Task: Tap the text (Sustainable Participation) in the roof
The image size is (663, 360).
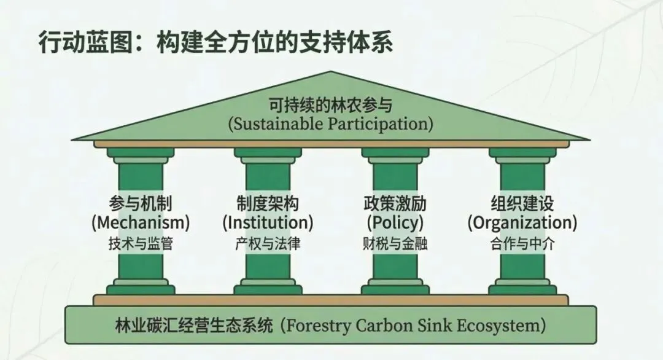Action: [x=331, y=123]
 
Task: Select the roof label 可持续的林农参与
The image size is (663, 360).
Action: [x=331, y=104]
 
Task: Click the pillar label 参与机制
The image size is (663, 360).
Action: [x=140, y=203]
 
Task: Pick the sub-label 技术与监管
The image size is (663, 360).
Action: [x=140, y=243]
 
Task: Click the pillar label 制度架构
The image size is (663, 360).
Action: [x=268, y=203]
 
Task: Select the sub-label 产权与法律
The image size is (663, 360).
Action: [x=268, y=243]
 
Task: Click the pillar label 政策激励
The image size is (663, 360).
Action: [x=395, y=203]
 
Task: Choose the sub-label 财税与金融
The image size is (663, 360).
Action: [x=395, y=243]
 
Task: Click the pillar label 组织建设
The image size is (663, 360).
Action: [x=522, y=203]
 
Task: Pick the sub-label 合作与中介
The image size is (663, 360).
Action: [x=522, y=243]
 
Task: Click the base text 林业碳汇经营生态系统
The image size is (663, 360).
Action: [x=193, y=324]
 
